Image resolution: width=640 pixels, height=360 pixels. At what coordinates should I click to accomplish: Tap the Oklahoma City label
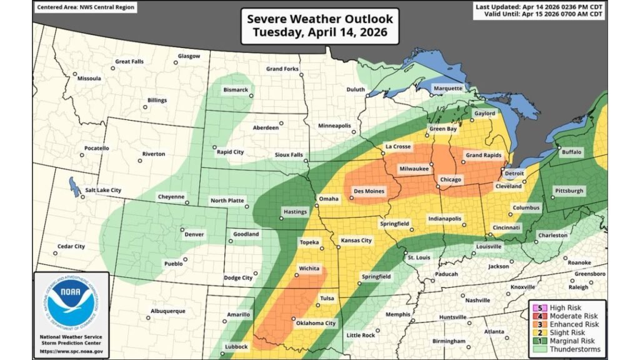(319, 323)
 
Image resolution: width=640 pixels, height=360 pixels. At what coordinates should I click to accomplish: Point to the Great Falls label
(129, 61)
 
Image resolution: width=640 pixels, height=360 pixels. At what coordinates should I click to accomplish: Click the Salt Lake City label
(100, 190)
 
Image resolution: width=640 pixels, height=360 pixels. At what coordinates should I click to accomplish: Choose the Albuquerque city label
(168, 311)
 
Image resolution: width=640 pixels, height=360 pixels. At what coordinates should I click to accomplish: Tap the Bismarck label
(236, 90)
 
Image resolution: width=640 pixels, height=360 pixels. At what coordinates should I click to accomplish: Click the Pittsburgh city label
(569, 190)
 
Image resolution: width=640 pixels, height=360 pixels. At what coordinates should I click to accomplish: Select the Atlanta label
(494, 331)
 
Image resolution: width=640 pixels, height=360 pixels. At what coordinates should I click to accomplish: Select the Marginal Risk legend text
(572, 341)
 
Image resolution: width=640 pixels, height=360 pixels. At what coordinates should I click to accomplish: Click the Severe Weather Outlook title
(320, 19)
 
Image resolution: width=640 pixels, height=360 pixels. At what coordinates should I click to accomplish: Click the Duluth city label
(356, 89)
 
